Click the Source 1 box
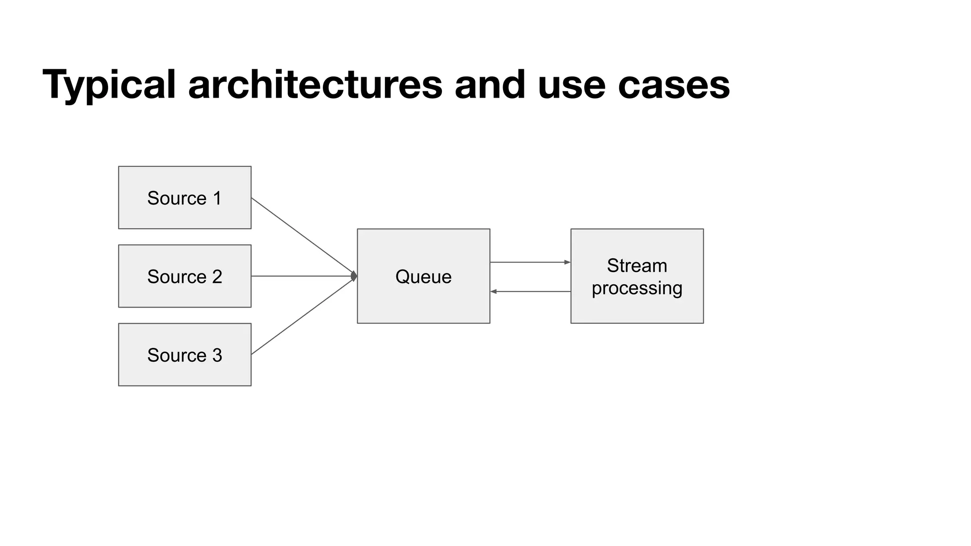click(x=184, y=198)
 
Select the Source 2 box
click(x=184, y=276)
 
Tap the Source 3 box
click(x=184, y=355)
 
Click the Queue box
click(x=423, y=276)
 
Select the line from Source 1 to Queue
click(x=303, y=237)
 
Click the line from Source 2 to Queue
click(x=303, y=276)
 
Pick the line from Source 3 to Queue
click(x=303, y=316)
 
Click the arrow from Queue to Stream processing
click(x=530, y=262)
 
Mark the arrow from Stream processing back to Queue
click(x=530, y=291)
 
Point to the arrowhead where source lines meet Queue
click(x=354, y=276)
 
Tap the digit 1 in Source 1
click(x=217, y=198)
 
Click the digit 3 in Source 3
click(x=217, y=355)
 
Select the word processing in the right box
click(x=637, y=288)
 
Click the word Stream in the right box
click(x=637, y=265)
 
